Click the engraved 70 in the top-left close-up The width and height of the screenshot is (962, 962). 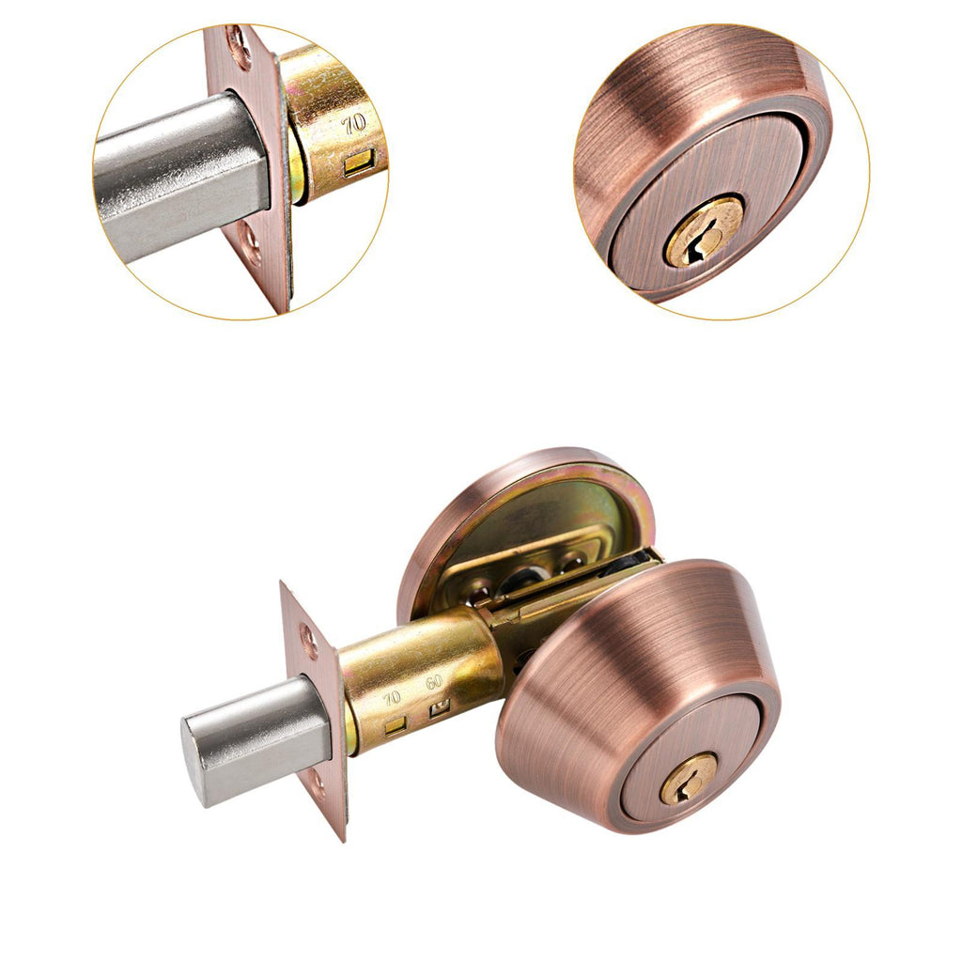[x=354, y=124]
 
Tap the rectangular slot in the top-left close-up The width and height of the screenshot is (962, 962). [x=358, y=164]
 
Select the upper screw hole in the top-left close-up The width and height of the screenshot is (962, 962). [x=240, y=45]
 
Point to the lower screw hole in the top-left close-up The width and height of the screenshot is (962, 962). [x=252, y=245]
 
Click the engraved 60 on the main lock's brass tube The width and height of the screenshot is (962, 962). [x=434, y=682]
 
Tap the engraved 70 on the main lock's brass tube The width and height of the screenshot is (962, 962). [x=392, y=698]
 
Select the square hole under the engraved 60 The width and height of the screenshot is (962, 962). [x=440, y=708]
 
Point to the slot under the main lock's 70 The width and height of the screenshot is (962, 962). [x=395, y=727]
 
